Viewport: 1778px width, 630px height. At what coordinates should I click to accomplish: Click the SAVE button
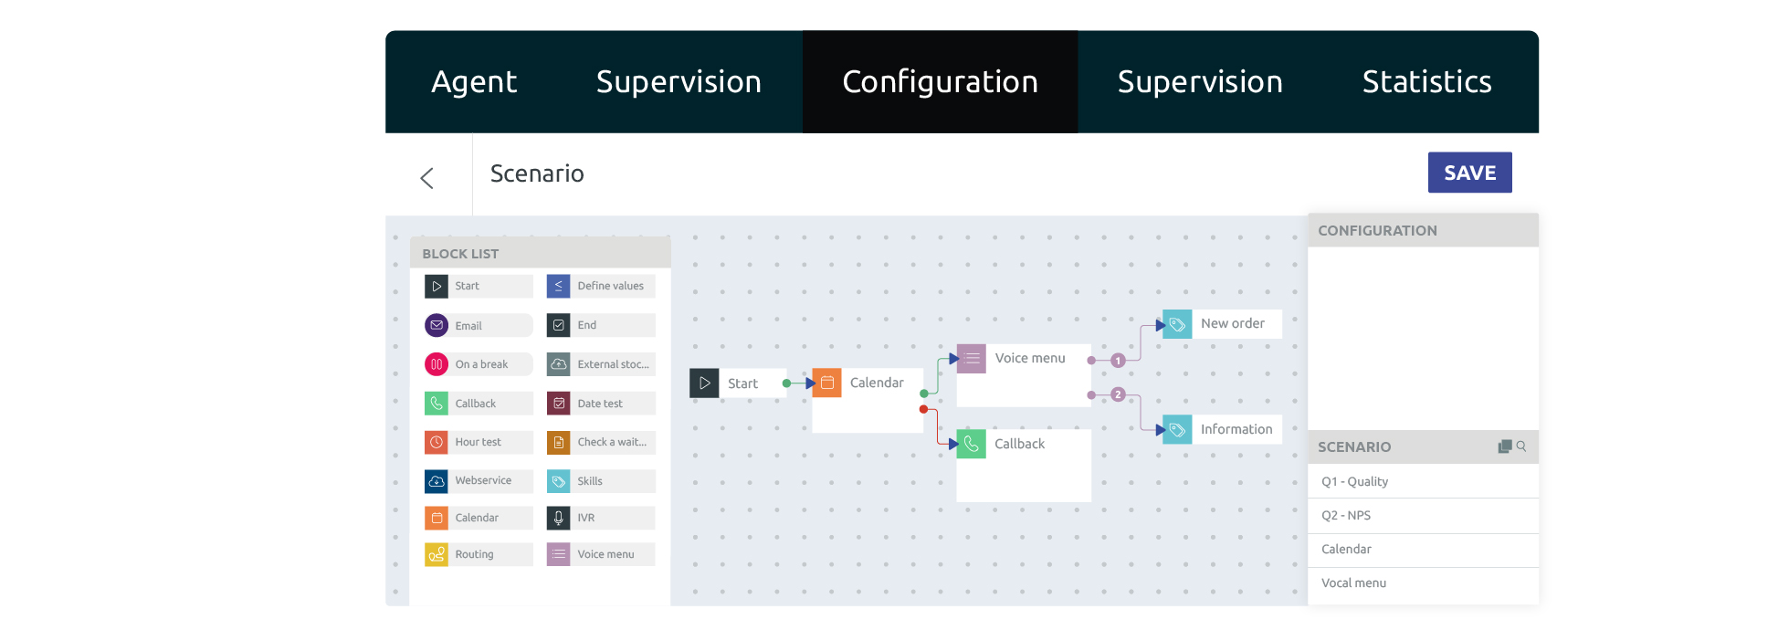[1469, 173]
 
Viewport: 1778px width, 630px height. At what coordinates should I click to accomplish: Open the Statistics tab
[1426, 82]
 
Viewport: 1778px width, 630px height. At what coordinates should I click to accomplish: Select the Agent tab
[474, 82]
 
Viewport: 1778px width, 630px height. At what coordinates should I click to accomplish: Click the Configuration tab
[940, 82]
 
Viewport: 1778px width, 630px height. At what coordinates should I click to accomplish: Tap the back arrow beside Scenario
[426, 177]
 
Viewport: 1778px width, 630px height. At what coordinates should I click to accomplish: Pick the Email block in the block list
[479, 325]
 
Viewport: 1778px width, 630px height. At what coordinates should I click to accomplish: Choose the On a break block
[479, 364]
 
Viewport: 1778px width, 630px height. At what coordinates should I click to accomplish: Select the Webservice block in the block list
[479, 480]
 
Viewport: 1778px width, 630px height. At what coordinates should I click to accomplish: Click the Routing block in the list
[479, 554]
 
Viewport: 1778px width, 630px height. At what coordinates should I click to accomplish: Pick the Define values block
[601, 286]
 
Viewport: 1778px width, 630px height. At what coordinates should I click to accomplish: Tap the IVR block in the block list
[601, 518]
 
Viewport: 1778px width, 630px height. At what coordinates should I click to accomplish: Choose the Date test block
[601, 403]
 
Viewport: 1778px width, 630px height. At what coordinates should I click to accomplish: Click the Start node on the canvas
[738, 383]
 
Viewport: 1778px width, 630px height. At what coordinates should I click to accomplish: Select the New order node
[1222, 324]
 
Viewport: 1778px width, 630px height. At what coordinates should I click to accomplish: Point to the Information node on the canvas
[1222, 429]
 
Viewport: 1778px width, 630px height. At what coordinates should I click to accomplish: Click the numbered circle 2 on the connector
[1118, 394]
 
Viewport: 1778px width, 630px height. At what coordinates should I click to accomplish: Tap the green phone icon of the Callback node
[971, 444]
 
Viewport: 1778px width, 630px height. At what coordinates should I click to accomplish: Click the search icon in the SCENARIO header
[1521, 446]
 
